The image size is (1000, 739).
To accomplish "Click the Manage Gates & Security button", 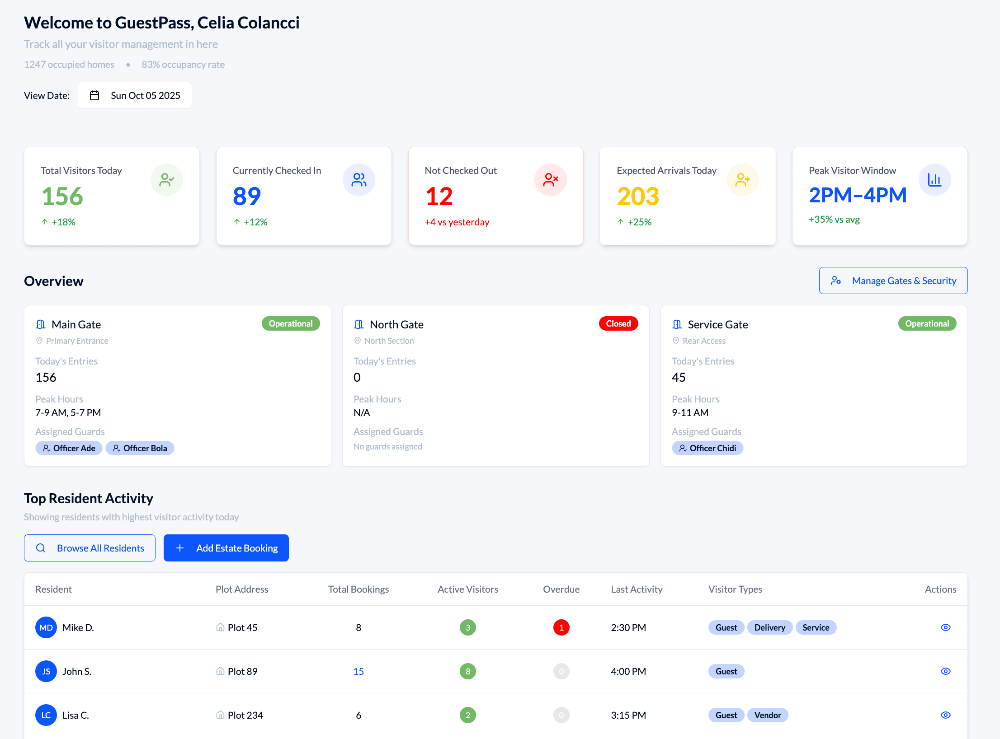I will (x=893, y=281).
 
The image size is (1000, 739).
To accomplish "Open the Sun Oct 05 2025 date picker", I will (x=135, y=95).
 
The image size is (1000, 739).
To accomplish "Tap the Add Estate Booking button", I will (x=226, y=548).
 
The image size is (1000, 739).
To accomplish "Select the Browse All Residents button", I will (x=90, y=548).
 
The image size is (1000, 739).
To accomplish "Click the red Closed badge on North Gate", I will (x=618, y=323).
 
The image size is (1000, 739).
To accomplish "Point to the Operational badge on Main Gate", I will (x=290, y=323).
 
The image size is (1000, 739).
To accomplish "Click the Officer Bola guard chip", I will (x=140, y=448).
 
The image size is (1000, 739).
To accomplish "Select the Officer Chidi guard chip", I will (x=707, y=448).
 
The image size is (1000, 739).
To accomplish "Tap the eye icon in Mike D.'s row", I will (x=945, y=627).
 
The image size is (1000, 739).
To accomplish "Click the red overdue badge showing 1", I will (x=561, y=627).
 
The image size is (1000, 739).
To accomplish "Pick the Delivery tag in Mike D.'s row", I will (x=769, y=627).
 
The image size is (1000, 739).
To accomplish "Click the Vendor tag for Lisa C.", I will (x=767, y=715).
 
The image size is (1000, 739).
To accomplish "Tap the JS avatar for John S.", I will (x=46, y=671).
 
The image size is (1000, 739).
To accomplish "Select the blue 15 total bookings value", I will (x=358, y=671).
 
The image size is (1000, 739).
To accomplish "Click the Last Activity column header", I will (x=637, y=589).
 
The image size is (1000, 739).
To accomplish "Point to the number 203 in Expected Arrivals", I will (x=638, y=196).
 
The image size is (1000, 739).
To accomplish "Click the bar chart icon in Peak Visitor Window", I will (x=934, y=180).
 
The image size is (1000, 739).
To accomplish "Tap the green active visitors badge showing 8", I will (x=468, y=671).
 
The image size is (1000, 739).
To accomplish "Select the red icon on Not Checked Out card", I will (x=551, y=180).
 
